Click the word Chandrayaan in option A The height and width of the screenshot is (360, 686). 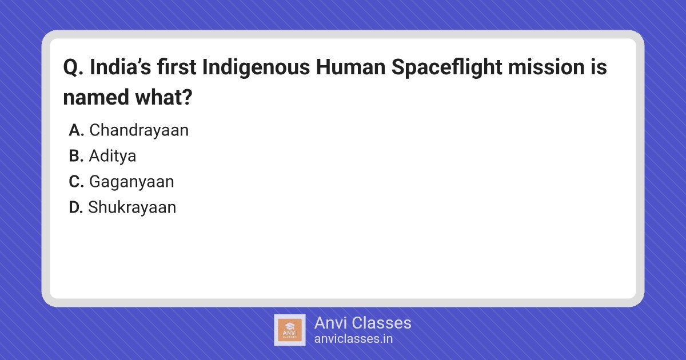coord(139,130)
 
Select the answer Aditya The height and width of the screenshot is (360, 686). coord(113,156)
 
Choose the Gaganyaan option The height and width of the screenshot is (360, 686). coord(131,182)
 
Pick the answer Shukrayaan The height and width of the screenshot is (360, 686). coord(132,207)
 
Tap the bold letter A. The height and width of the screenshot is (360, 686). coord(76,130)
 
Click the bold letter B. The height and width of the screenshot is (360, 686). coord(76,156)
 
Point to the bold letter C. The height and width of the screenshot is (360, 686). coord(76,182)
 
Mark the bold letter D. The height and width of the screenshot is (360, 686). coord(76,207)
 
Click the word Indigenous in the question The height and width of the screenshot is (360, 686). coord(256,67)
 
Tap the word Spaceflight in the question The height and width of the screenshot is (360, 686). coord(447,67)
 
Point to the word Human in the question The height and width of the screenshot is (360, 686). coord(350,67)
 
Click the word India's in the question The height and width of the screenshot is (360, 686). coord(121,67)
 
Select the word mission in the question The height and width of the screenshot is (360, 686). coord(547,67)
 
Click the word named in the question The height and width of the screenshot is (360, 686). coord(96,97)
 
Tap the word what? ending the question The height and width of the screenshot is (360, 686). coord(164,97)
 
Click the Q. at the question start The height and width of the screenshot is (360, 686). coord(73,67)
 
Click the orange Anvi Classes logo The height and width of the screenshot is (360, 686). coord(290,330)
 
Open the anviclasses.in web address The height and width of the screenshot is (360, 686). coord(353,339)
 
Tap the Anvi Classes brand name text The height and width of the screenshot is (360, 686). coord(363,323)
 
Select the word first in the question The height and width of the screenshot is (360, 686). coord(177,67)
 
